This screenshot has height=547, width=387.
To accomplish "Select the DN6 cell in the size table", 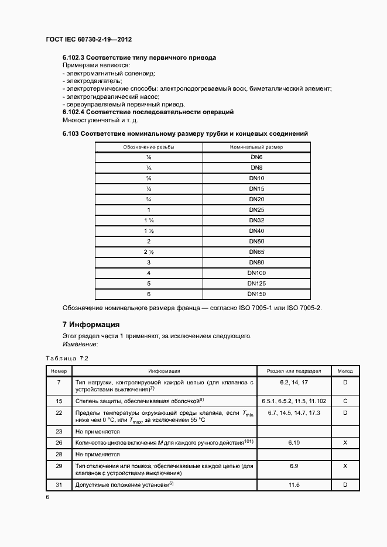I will [256, 157].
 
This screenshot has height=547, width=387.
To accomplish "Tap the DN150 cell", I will [256, 294].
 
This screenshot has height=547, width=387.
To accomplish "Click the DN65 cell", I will [256, 252].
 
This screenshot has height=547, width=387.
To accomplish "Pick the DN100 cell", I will [256, 273].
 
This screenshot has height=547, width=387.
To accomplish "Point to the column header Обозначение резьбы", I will [149, 147].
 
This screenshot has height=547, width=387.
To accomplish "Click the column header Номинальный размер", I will [256, 147].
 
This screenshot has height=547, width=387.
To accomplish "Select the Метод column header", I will [345, 371].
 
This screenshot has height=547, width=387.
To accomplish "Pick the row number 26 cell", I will [59, 443].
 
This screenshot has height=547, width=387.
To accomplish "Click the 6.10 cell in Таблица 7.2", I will [294, 443].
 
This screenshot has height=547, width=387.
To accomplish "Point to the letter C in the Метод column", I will [345, 401].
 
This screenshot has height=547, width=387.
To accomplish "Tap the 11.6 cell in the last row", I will [294, 485].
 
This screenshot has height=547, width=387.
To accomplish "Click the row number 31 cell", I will [59, 485].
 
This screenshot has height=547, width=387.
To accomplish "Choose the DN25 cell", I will [256, 209].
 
